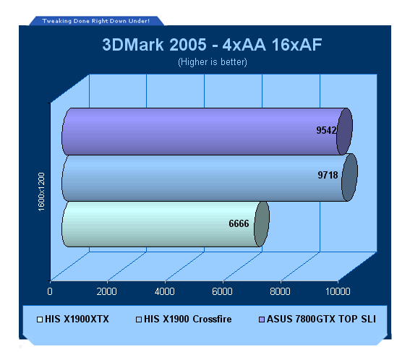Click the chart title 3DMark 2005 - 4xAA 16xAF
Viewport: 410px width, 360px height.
click(212, 44)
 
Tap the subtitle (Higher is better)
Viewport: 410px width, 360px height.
click(213, 62)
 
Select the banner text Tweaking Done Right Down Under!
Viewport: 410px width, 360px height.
click(96, 21)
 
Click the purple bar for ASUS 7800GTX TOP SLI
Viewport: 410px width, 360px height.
click(207, 132)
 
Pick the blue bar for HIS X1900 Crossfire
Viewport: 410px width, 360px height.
click(210, 178)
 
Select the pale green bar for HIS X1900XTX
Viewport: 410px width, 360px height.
click(166, 224)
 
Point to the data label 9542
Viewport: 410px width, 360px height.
click(326, 130)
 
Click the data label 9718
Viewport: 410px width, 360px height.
click(328, 175)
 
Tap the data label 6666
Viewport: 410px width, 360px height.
click(239, 223)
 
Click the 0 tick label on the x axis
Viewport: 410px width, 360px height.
click(50, 291)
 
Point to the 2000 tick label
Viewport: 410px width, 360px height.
click(107, 291)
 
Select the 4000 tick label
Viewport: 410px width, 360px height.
click(164, 291)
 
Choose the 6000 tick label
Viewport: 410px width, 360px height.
click(222, 291)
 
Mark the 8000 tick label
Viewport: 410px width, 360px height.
click(280, 291)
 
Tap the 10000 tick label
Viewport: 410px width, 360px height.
click(338, 291)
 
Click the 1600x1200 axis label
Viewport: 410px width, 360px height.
click(41, 192)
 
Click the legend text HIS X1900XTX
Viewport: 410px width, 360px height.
click(77, 320)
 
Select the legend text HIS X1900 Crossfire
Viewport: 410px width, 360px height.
click(188, 320)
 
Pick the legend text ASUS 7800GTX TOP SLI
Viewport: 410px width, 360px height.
click(321, 320)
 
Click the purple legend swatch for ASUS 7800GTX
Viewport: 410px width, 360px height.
click(262, 320)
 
